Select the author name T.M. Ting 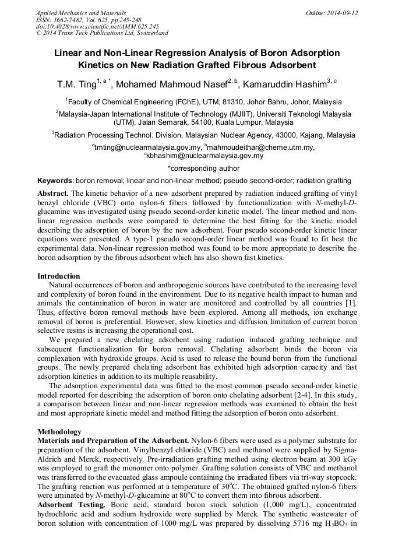click(x=75, y=84)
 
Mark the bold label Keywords click(x=55, y=181)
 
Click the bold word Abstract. click(x=53, y=193)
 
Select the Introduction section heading click(x=59, y=276)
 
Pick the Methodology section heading click(x=59, y=431)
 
